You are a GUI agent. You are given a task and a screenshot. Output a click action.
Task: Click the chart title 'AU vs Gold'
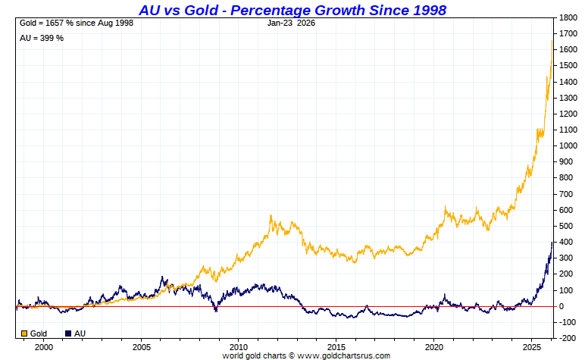[x=292, y=9]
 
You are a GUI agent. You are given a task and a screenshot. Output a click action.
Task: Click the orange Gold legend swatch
[x=24, y=333]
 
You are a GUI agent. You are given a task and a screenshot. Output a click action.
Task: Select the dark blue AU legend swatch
[x=69, y=333]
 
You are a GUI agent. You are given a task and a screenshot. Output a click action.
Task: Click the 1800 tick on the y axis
[x=568, y=17]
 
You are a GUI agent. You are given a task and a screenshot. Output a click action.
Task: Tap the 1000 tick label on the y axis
[x=568, y=146]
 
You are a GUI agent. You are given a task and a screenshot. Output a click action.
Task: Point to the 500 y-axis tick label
[x=565, y=226]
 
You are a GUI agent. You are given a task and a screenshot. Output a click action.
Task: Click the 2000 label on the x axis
[x=44, y=346]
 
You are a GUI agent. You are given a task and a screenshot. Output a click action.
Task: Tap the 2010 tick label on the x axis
[x=238, y=346]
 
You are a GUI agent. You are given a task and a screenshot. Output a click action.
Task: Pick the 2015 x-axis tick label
[x=336, y=346]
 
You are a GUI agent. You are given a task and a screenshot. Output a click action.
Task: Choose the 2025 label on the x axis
[x=530, y=346]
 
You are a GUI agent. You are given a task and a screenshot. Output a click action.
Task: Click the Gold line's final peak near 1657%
[x=552, y=40]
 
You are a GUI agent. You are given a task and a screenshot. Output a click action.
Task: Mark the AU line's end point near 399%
[x=552, y=243]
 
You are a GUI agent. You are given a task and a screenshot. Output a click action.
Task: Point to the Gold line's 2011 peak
[x=271, y=216]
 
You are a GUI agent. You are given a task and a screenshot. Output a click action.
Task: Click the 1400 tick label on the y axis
[x=568, y=81]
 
